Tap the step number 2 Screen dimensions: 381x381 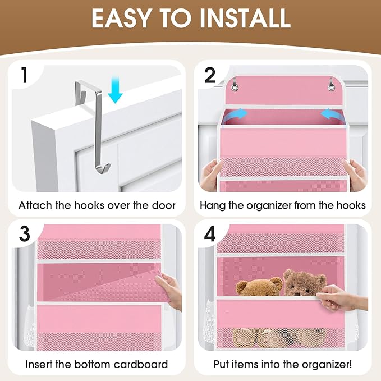pos(210,76)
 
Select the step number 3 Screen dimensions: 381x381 pos(24,233)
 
